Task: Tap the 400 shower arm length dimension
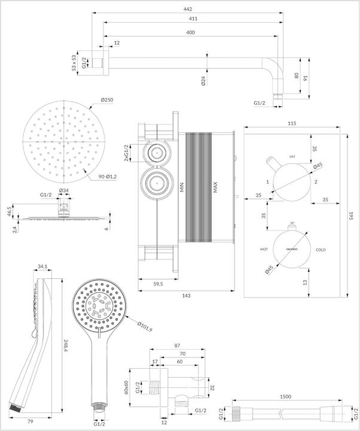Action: coord(190,32)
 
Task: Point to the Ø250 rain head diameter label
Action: coord(107,100)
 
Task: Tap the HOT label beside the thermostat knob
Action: coord(264,249)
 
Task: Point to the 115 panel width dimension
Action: coord(292,123)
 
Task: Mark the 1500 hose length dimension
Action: coord(286,396)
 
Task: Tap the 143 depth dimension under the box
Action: coord(187,296)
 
